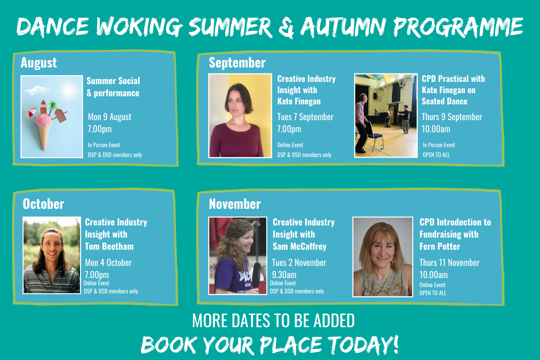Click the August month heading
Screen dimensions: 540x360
[39, 63]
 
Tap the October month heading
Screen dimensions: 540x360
[43, 204]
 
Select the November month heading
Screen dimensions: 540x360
[234, 204]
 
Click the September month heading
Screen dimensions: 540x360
[237, 63]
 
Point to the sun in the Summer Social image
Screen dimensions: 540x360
[69, 90]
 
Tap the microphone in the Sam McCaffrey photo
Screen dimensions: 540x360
[256, 275]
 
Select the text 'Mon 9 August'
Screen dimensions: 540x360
[109, 117]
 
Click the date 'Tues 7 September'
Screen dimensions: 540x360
[305, 117]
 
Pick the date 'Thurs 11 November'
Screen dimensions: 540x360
[450, 263]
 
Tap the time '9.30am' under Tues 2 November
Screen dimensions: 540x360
[284, 275]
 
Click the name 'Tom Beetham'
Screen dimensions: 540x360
[109, 247]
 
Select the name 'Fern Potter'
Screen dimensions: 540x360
[440, 247]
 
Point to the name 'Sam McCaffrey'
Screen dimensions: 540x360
[299, 247]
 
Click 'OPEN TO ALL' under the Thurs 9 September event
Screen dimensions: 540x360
[436, 155]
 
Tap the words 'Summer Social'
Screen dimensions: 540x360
[113, 81]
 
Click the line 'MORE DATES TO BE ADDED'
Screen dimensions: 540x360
[274, 321]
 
